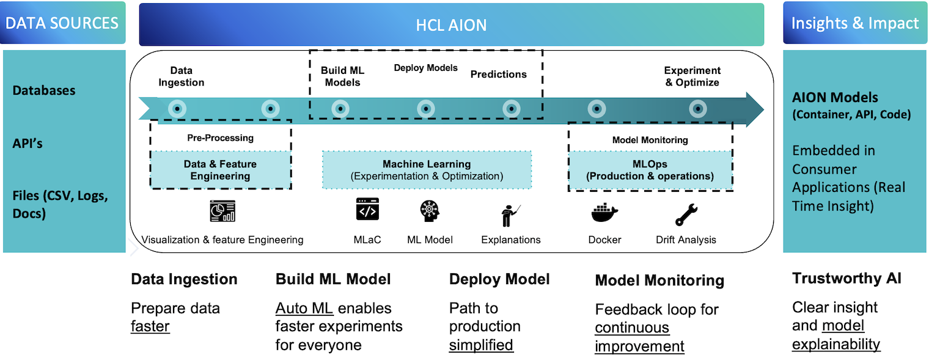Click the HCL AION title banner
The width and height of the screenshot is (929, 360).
(451, 24)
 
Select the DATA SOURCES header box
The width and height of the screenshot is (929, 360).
(62, 23)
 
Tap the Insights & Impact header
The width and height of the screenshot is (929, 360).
(854, 23)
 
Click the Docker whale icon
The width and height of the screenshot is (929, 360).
(604, 214)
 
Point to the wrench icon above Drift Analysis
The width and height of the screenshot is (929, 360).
(686, 214)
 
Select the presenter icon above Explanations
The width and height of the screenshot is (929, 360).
(510, 215)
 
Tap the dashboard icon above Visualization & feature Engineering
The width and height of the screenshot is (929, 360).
(222, 211)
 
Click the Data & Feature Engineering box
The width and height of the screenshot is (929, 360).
(220, 171)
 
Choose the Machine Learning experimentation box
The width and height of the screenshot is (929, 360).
(427, 171)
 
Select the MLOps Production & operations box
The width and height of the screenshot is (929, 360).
(650, 171)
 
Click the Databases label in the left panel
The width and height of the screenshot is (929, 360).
(44, 90)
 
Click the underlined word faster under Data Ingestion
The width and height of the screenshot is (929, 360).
(150, 326)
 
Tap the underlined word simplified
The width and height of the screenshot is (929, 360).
(481, 345)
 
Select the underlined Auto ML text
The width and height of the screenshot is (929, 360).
(303, 308)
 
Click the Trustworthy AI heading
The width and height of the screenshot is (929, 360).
(846, 279)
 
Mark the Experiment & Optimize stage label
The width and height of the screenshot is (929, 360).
(692, 76)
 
